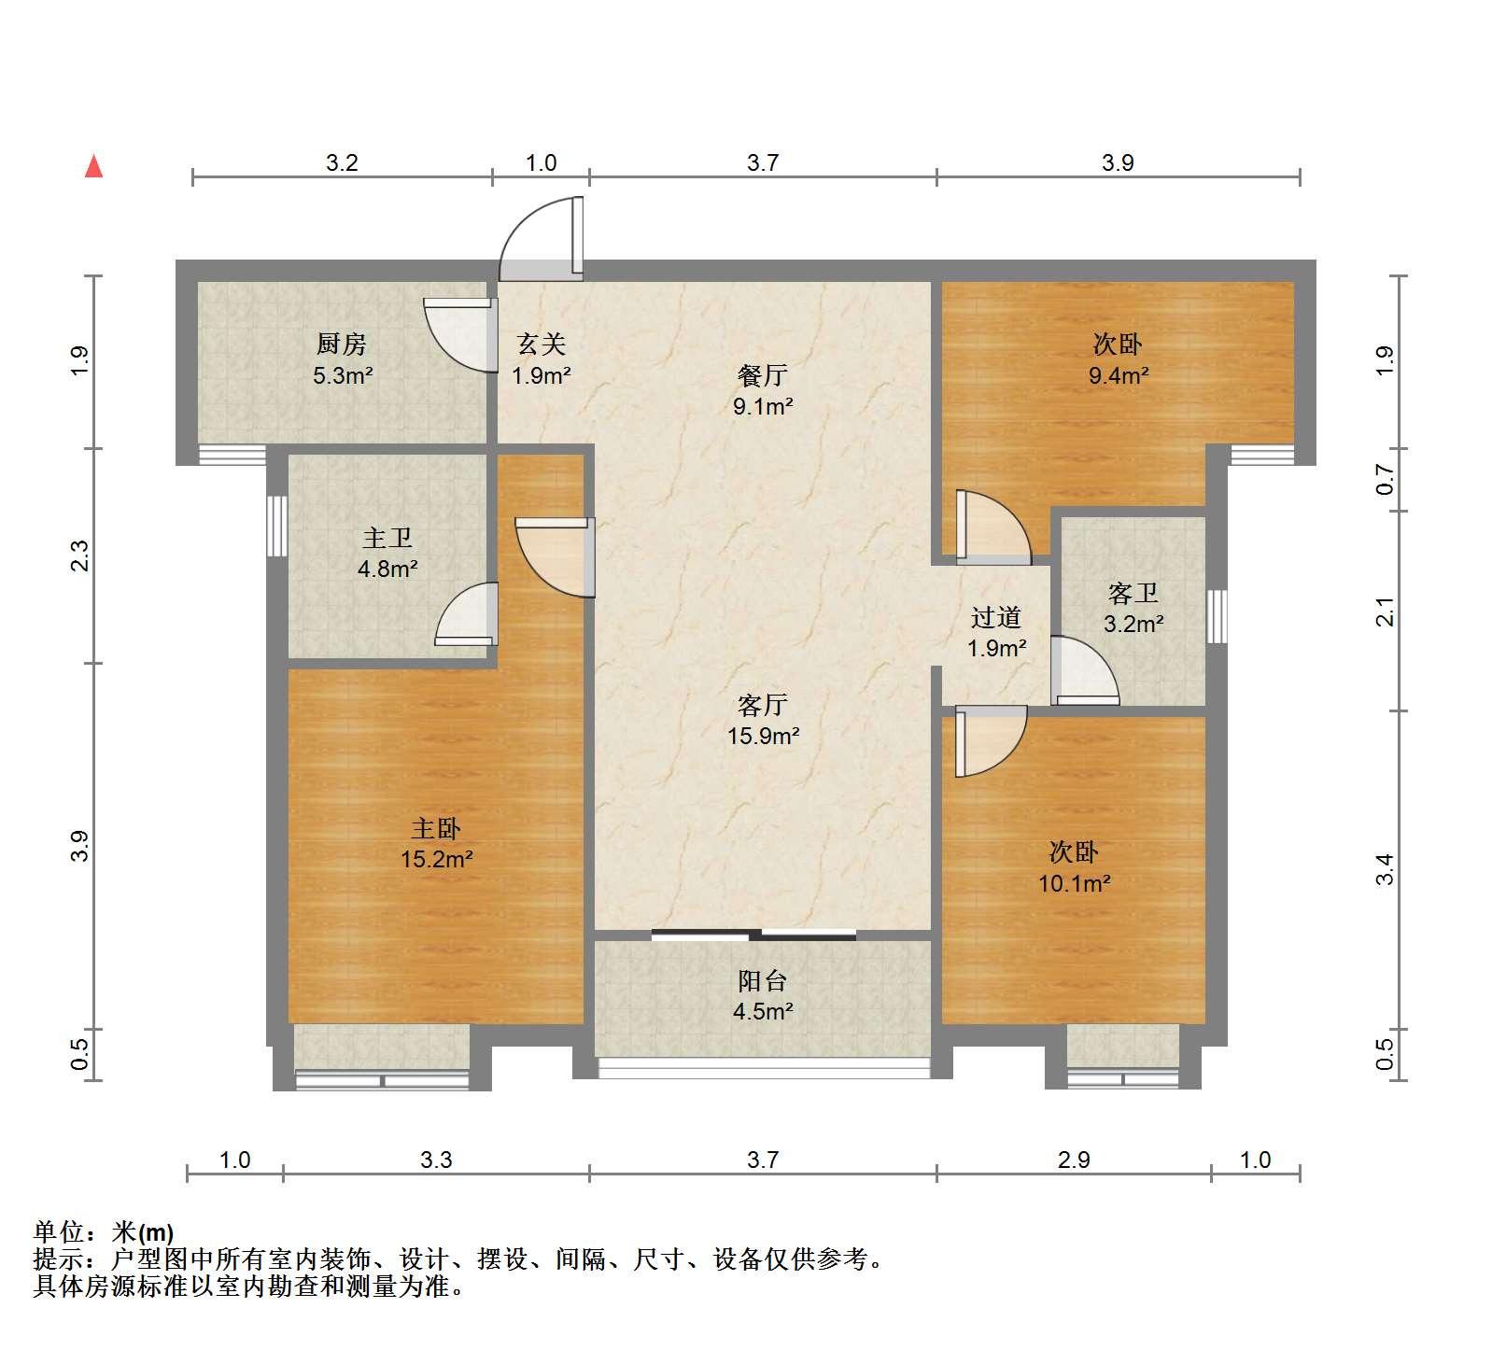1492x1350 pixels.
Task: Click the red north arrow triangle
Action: [x=93, y=166]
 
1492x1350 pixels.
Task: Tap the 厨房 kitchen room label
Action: [x=341, y=345]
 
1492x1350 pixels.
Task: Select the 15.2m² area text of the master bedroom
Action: [x=436, y=859]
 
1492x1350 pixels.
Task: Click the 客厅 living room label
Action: [x=762, y=705]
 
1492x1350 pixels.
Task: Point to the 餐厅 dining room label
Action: [x=762, y=375]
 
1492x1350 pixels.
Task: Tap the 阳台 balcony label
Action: [x=762, y=980]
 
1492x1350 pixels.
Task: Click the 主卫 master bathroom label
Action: [x=387, y=538]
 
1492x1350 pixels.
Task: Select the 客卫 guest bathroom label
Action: [x=1133, y=593]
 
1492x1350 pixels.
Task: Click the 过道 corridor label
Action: [x=995, y=617]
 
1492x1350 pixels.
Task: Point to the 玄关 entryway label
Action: [x=542, y=345]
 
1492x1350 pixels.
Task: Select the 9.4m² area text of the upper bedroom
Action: [x=1119, y=375]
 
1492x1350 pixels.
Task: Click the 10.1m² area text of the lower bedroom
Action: [x=1074, y=883]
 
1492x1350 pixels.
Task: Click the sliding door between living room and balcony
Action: [x=753, y=934]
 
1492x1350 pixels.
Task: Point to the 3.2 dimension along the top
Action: [x=342, y=162]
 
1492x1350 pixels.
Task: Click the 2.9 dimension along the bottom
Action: [x=1074, y=1160]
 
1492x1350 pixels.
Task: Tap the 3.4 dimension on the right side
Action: [x=1386, y=869]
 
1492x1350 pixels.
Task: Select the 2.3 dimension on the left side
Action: [x=80, y=556]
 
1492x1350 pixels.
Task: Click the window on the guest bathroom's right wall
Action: [x=1216, y=616]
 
